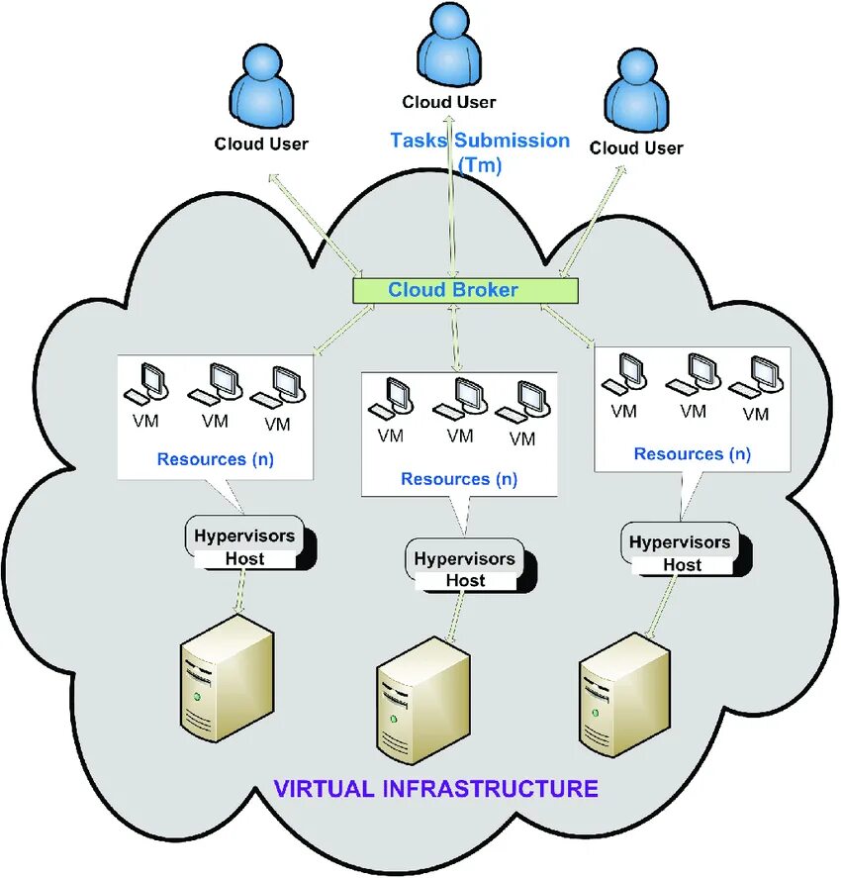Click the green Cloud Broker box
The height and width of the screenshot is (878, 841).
point(465,290)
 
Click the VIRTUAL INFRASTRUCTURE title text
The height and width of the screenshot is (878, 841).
point(435,789)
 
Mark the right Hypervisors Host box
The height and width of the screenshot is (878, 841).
point(681,552)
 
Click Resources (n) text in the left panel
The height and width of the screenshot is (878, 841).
point(215,459)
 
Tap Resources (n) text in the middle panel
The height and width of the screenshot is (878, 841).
point(459,479)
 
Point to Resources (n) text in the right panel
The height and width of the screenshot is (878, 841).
point(692,454)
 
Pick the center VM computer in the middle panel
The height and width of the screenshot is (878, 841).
point(458,402)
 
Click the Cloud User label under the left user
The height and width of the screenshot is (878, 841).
point(261,144)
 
